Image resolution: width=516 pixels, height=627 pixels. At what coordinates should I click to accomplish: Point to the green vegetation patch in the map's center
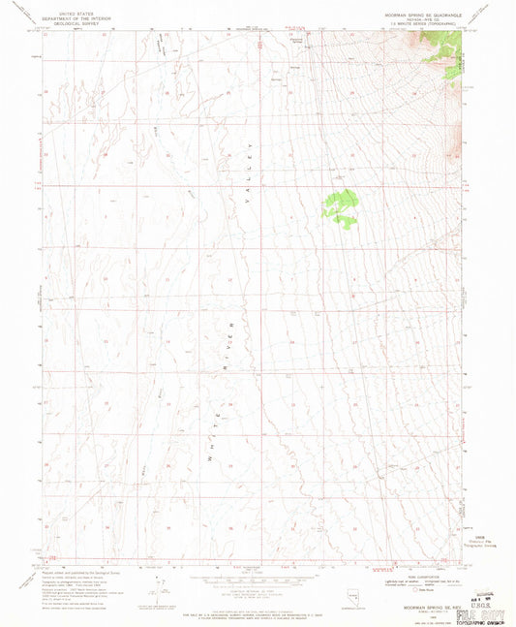[341, 207]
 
